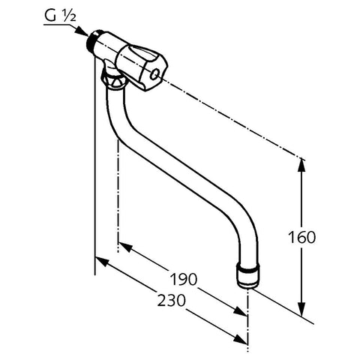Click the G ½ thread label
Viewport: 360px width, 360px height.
60,16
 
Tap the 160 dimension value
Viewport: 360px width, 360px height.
301,237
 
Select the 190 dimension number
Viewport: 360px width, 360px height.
184,279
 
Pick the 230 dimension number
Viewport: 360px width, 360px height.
172,300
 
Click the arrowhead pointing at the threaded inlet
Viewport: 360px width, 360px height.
82,31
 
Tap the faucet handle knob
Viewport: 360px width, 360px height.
142,67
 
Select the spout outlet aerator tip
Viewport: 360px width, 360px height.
247,276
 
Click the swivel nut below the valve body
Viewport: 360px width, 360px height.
112,79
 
